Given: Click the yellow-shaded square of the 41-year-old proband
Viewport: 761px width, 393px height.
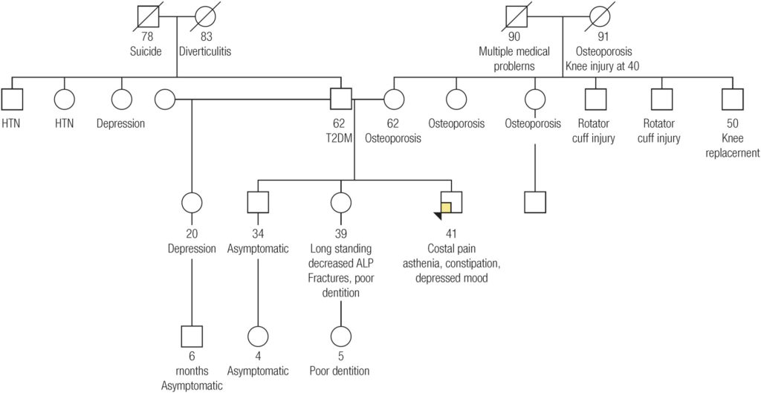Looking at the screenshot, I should [447, 207].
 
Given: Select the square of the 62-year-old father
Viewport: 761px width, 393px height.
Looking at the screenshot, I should [340, 99].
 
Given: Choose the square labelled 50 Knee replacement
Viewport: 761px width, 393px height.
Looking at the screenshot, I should [732, 99].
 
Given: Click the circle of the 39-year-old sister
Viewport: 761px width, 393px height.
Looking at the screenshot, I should [341, 201].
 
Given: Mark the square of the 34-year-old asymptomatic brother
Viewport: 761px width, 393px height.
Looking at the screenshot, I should [257, 201].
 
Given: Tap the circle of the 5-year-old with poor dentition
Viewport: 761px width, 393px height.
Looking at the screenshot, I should [341, 336].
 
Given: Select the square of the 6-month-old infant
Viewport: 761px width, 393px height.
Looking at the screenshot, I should [192, 336].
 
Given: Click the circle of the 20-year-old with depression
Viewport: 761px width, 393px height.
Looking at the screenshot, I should [192, 201].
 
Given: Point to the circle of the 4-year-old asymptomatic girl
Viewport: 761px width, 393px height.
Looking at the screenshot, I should [257, 336].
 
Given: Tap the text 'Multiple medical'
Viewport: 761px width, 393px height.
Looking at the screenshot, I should [516, 53].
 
